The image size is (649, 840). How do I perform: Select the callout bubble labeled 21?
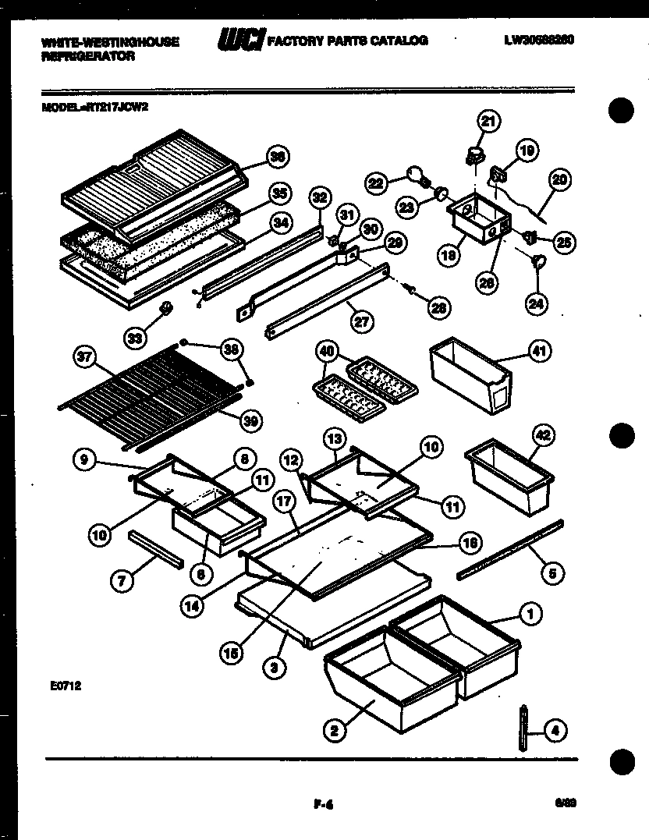coord(488,121)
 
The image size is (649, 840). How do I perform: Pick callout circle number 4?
coord(555,731)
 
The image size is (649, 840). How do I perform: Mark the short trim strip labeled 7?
coord(157,550)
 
